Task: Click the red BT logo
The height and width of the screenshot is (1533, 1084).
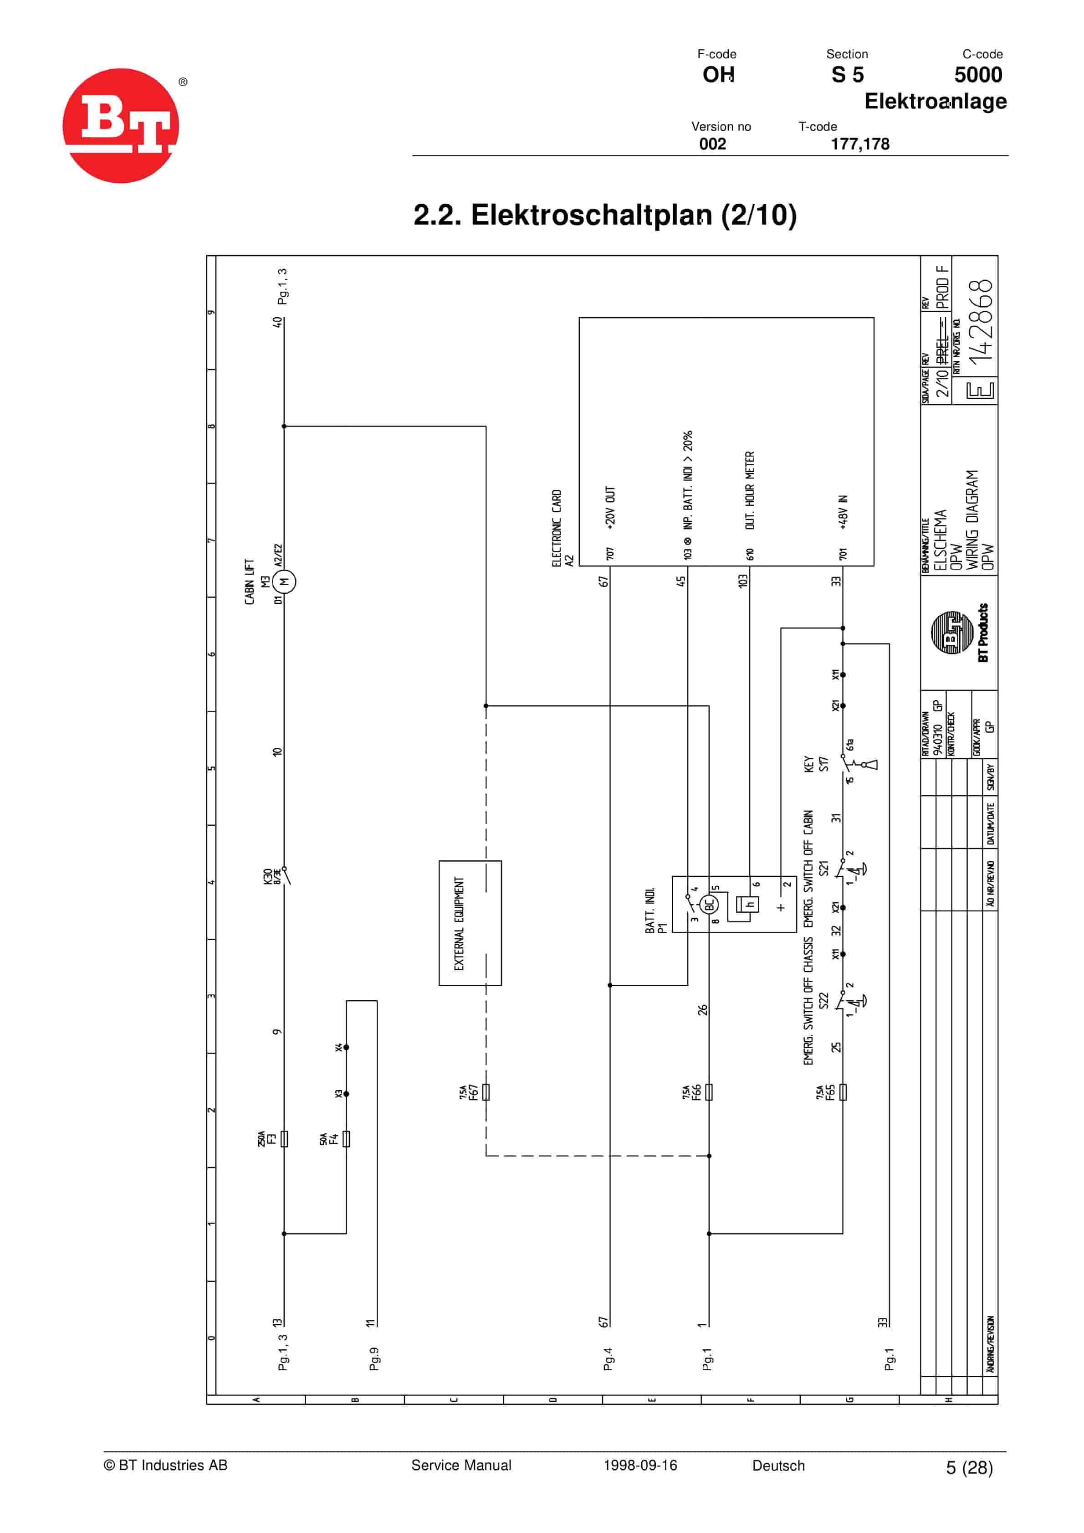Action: (121, 125)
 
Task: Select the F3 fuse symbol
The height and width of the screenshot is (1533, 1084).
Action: (284, 1138)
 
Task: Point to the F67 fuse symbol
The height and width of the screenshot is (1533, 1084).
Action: (486, 1092)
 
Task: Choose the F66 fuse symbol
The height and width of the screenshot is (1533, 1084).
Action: (709, 1092)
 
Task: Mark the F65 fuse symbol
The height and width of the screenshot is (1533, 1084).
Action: (843, 1092)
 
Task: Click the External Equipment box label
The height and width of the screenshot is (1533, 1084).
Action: (459, 923)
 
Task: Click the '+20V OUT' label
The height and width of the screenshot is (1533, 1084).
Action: (610, 508)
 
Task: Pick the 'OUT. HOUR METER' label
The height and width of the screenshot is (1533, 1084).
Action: (750, 491)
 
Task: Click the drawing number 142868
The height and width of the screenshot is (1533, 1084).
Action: (981, 322)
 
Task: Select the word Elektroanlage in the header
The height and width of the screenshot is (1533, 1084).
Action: (935, 102)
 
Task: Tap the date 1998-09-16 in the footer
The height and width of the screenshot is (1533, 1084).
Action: (640, 1465)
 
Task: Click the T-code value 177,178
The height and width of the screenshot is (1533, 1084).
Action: (860, 144)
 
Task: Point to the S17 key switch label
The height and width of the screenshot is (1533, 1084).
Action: (823, 764)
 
